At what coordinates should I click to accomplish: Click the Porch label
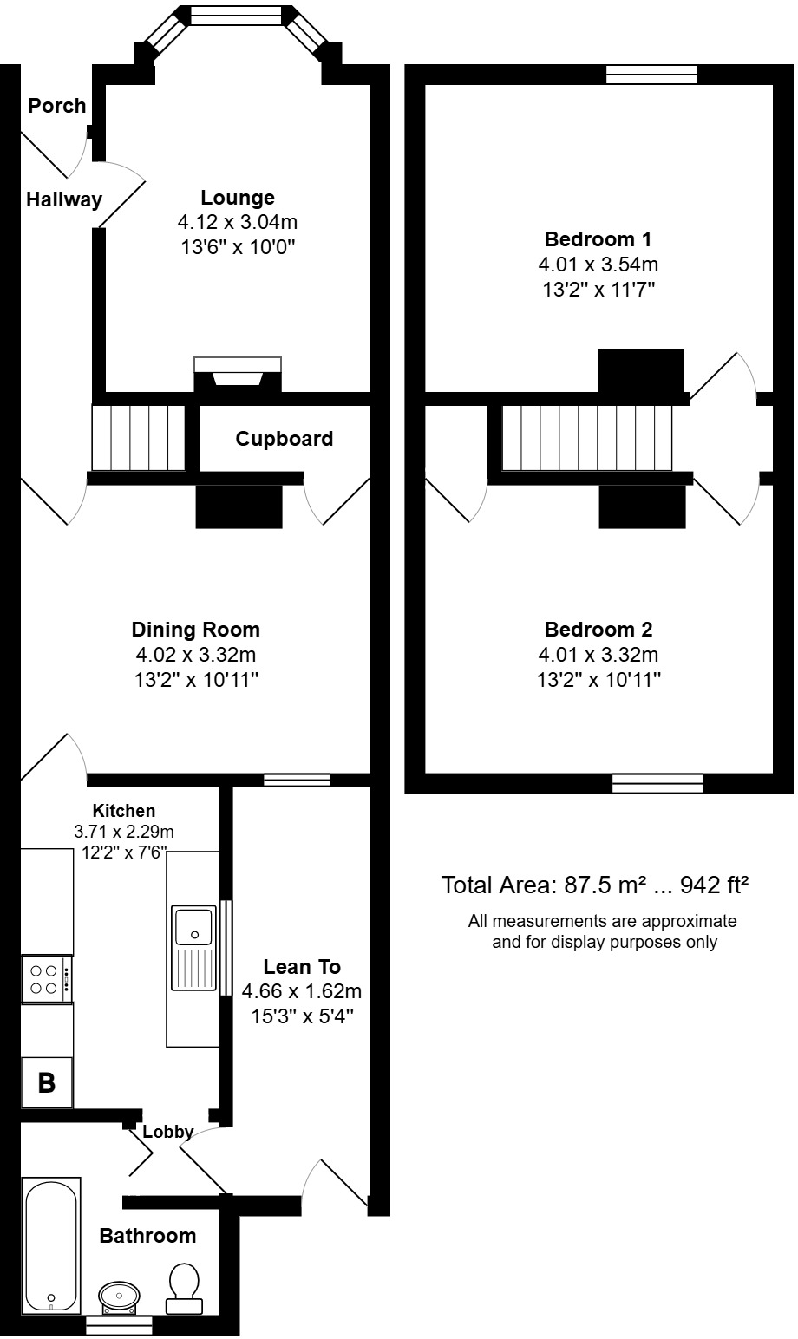coord(57,106)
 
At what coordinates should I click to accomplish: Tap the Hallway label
coord(63,199)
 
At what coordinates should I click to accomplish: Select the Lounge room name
coord(237,198)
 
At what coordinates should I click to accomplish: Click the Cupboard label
coord(284,439)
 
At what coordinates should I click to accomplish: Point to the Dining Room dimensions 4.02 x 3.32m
coord(195,655)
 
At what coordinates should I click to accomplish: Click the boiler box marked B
coord(47,1082)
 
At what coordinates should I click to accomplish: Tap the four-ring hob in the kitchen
coord(45,979)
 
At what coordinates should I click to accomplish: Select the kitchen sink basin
coord(193,925)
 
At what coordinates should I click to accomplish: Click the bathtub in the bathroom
coord(51,1244)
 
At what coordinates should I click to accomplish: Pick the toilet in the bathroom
coord(183,1286)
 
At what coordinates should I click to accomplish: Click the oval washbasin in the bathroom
coord(119,1296)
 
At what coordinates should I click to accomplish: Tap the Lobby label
coord(167,1132)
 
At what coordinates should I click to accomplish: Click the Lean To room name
coord(302,967)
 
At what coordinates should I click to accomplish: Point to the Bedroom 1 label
coord(598,239)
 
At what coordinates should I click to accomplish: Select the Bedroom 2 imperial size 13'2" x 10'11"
coord(598,681)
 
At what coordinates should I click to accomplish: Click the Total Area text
coord(595,885)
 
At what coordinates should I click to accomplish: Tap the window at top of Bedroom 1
coord(651,75)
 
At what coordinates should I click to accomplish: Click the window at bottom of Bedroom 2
coord(657,783)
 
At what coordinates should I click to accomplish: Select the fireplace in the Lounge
coord(239,374)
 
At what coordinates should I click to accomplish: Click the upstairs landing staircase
coord(587,438)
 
